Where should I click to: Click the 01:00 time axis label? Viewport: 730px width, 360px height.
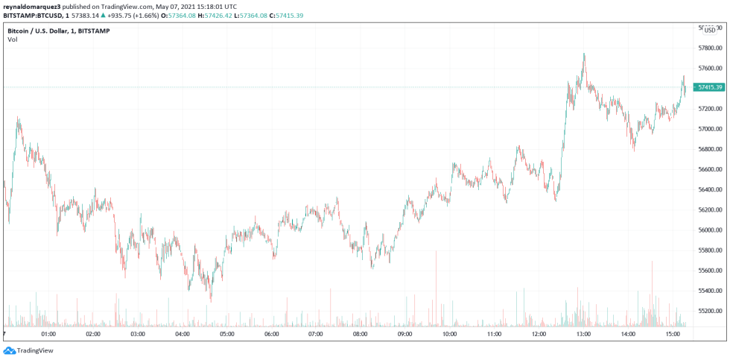click(x=48, y=335)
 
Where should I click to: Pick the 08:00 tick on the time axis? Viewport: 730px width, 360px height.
click(x=361, y=335)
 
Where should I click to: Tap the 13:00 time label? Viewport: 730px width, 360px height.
click(x=583, y=335)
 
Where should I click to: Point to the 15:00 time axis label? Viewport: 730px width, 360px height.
click(x=673, y=335)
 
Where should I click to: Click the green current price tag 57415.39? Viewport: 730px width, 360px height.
click(x=710, y=87)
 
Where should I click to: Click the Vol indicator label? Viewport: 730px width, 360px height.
click(x=13, y=40)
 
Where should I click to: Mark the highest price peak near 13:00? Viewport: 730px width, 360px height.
click(x=584, y=54)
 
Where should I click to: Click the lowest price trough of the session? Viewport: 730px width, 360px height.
click(x=212, y=301)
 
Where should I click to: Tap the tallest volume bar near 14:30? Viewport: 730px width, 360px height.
click(x=652, y=262)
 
